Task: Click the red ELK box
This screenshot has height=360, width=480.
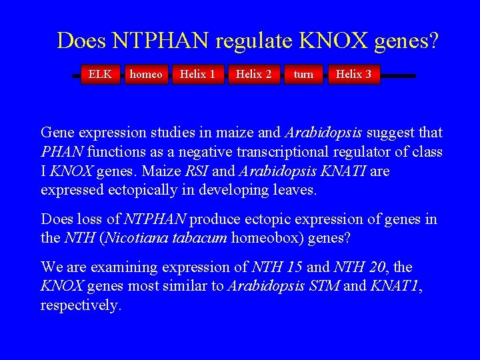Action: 100,74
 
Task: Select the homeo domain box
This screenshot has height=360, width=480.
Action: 146,74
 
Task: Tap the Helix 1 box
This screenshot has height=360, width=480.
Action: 197,74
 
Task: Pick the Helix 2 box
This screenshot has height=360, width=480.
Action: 253,74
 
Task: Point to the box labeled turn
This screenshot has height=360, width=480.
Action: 303,74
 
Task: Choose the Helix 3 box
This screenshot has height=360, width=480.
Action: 353,74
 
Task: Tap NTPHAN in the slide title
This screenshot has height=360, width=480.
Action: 161,41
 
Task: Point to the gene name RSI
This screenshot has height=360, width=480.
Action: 197,171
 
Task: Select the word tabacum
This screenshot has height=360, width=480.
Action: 199,239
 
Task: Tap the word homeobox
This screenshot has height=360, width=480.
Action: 263,239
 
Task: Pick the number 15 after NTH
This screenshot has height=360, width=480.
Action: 293,267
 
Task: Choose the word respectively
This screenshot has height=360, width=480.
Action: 81,306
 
